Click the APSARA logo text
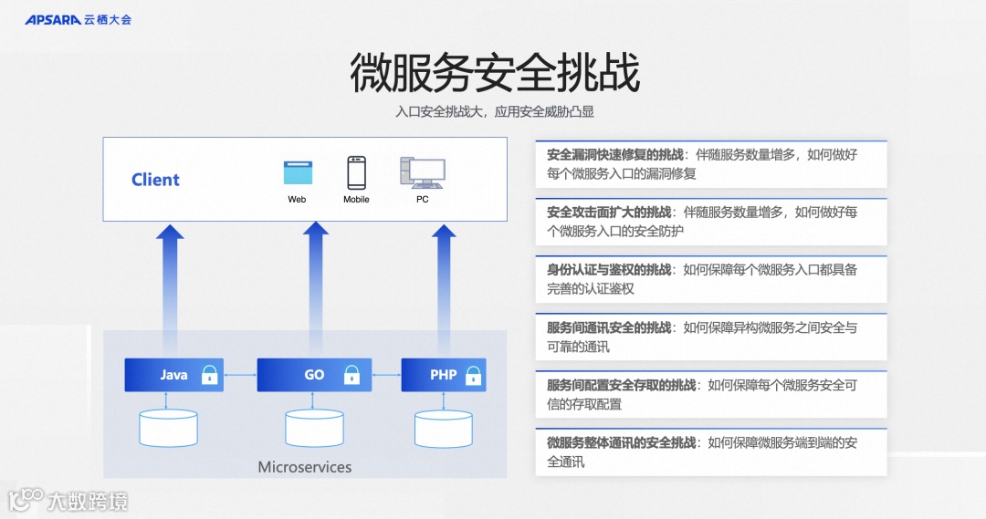[53, 19]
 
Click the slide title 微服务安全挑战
[494, 73]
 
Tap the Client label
[155, 180]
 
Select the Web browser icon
[298, 173]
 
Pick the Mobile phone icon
[356, 172]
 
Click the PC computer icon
[422, 172]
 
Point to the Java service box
[173, 375]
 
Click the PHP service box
[443, 375]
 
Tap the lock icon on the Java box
[210, 375]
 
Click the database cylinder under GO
[314, 428]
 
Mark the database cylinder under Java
[168, 428]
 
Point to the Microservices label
[304, 467]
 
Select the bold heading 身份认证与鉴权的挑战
[609, 269]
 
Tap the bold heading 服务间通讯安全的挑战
[609, 327]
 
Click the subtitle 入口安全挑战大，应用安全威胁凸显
[494, 112]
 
